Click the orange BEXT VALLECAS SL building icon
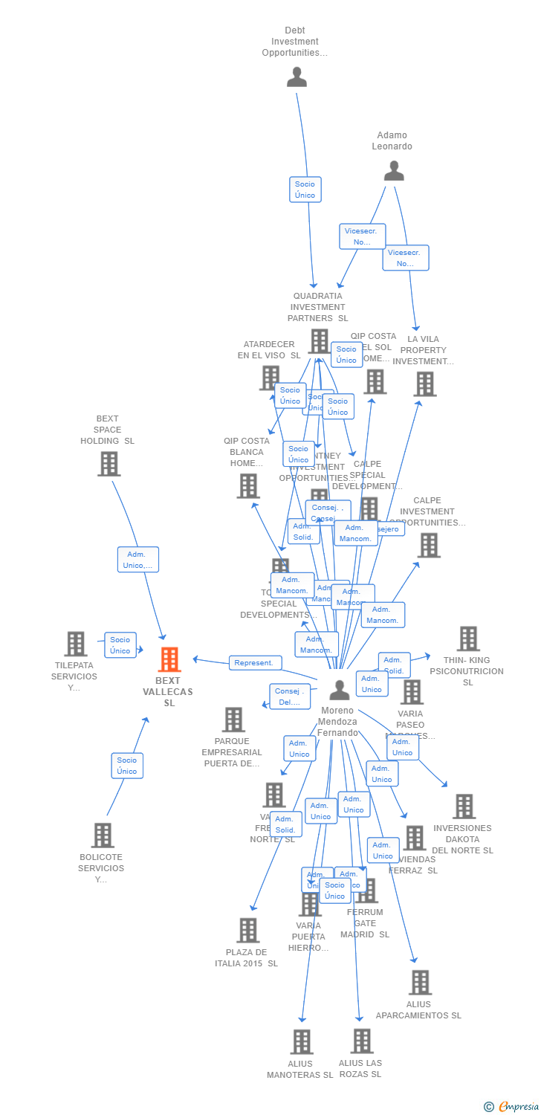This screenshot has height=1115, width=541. pos(169,659)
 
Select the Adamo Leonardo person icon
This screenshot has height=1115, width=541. pos(394,171)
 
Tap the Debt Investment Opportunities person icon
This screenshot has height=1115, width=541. pos(297,77)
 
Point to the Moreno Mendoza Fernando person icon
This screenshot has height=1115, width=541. pos(340,690)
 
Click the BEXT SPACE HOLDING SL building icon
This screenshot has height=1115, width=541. pos(109,464)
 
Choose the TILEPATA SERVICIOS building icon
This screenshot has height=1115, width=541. pos(76,644)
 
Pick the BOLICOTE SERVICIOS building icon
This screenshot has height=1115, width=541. pos(103,836)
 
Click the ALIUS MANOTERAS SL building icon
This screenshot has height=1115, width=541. pos(301,1042)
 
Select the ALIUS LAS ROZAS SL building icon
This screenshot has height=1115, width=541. pos(362,1041)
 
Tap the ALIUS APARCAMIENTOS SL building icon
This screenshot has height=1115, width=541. pos(420,983)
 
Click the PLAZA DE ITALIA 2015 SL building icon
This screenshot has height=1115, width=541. pos(247,930)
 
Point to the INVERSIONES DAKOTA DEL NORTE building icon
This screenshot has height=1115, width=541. pos(464,807)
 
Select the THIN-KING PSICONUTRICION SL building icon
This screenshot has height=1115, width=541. pos(468,639)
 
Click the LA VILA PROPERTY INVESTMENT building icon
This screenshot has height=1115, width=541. pos(425,384)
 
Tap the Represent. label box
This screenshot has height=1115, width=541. pos(255,662)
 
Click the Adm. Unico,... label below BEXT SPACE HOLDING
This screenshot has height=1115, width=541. pos(138,559)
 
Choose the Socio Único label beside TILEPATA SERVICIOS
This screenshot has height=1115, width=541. pos(120,645)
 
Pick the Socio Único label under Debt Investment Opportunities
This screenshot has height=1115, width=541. pos(305,190)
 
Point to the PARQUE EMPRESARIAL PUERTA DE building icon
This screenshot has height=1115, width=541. pos(233,720)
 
